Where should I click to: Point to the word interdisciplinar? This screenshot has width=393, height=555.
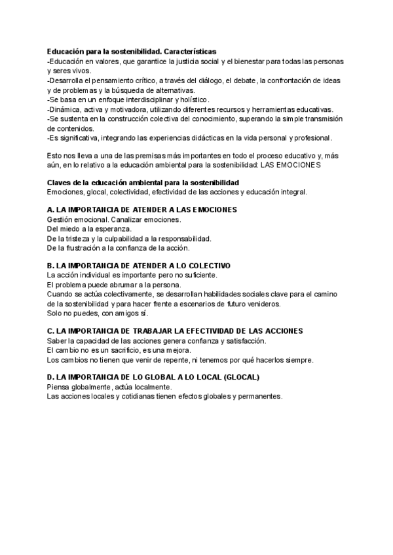tap(143, 99)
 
